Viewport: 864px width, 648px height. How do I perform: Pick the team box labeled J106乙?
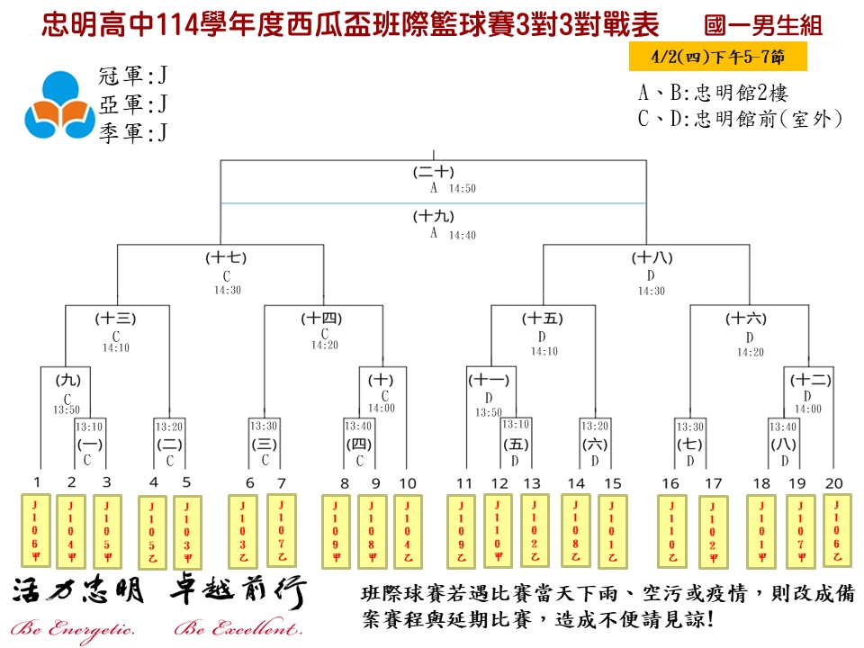[x=836, y=531]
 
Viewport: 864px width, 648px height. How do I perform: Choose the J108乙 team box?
[x=576, y=531]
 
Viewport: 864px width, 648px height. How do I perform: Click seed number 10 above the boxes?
[x=408, y=483]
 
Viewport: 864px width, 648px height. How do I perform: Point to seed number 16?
[x=670, y=483]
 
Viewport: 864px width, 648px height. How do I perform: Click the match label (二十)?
[x=433, y=171]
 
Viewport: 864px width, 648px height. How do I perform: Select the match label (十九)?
[x=433, y=216]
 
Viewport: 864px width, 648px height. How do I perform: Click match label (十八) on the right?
[x=650, y=258]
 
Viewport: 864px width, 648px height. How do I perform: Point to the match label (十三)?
[x=115, y=318]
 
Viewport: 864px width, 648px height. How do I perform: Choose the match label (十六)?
[x=746, y=318]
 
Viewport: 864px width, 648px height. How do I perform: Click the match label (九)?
[x=67, y=380]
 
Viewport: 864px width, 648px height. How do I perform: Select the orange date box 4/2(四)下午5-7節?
[x=718, y=57]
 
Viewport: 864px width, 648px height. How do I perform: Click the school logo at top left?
[x=58, y=105]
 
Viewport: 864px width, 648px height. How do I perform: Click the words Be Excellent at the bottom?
[x=238, y=628]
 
